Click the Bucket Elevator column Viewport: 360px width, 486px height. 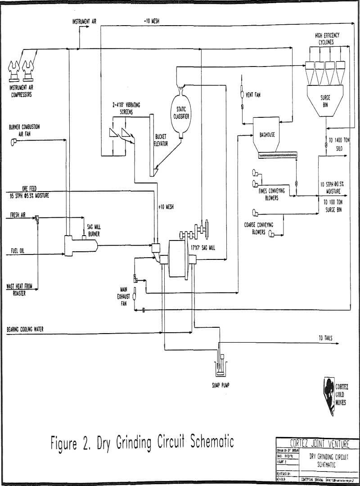(x=152, y=144)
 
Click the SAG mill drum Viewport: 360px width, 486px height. (x=179, y=259)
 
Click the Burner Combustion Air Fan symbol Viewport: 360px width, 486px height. (x=14, y=143)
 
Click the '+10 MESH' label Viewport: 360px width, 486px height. (x=166, y=206)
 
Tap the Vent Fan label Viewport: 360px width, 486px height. (x=253, y=95)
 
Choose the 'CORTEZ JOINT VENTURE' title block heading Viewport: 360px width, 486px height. (x=317, y=444)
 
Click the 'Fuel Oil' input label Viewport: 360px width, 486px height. (x=16, y=250)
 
